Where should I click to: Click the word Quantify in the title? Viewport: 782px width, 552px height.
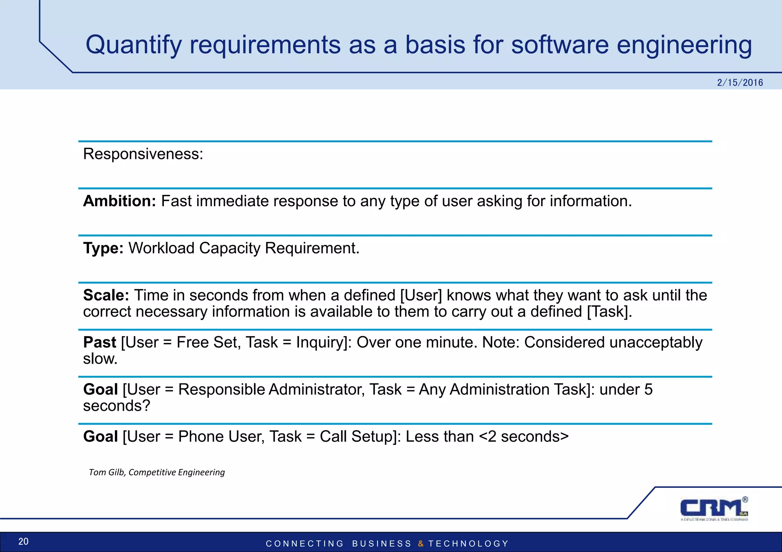[133, 45]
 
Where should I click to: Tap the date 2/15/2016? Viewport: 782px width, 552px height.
[740, 83]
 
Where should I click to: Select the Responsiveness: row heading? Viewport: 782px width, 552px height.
[143, 154]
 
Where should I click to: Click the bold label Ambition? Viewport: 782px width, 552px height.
[120, 201]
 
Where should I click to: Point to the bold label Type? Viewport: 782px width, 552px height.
[103, 248]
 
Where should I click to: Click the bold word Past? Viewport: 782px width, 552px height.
[100, 342]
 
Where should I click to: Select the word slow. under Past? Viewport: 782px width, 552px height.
[100, 358]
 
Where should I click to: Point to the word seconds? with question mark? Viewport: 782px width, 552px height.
[116, 406]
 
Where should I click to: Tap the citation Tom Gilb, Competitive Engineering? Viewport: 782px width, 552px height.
[157, 472]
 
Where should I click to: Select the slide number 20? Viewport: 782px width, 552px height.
[23, 541]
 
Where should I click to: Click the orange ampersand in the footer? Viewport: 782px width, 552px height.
[420, 544]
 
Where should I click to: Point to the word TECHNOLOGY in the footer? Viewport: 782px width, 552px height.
[469, 544]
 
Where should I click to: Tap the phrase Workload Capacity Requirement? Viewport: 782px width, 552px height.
[244, 248]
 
